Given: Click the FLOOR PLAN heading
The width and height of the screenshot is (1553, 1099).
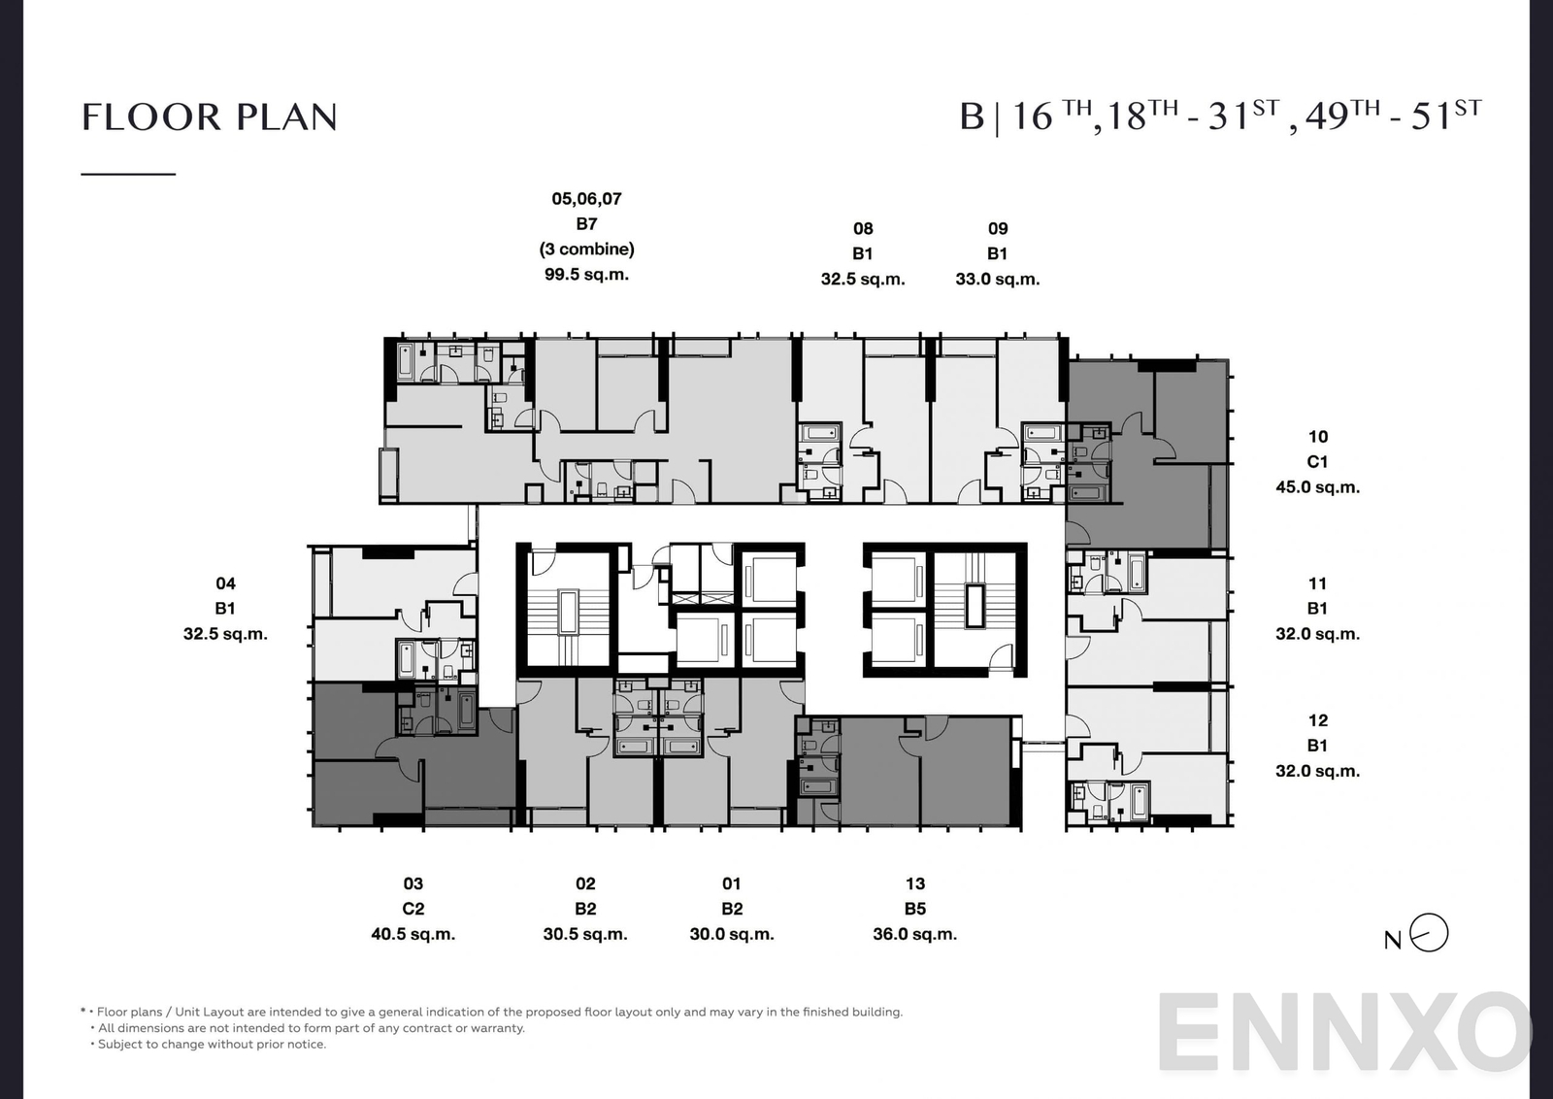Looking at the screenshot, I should (x=210, y=117).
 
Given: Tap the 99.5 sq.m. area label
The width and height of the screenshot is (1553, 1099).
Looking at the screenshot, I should (x=586, y=275).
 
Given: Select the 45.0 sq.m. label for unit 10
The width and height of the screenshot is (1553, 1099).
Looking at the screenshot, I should (x=1317, y=487).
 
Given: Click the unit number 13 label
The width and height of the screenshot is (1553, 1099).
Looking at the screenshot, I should (x=914, y=883).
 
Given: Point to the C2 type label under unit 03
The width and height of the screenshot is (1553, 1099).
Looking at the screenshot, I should (x=413, y=909).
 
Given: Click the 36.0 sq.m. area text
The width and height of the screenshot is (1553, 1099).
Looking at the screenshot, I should (x=914, y=934).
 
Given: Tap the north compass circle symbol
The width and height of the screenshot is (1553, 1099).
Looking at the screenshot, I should (x=1429, y=933).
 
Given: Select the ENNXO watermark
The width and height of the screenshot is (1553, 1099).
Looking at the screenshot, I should (x=1344, y=1033).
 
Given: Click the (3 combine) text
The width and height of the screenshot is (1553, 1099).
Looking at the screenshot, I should (x=586, y=250).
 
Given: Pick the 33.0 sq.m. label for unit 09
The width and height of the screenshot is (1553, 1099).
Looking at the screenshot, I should (x=997, y=280).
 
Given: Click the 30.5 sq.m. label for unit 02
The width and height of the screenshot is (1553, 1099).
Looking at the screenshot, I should (x=585, y=934).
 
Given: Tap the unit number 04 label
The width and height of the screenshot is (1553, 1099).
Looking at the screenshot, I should (x=225, y=583).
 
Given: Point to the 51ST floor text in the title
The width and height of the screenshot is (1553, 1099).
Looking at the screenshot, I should (x=1445, y=116).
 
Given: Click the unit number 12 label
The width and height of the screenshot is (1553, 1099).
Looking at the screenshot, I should (x=1317, y=720).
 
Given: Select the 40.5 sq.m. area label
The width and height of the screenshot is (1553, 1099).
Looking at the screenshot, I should (x=413, y=934).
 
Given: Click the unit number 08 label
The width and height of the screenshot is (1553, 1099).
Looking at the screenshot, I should (x=863, y=229).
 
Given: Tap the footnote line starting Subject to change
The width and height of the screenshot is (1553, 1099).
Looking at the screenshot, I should (x=212, y=1045).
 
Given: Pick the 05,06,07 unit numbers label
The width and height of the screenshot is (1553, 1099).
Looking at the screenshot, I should (x=586, y=199).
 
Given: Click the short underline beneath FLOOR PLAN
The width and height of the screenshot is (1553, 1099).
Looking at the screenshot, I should (x=128, y=174).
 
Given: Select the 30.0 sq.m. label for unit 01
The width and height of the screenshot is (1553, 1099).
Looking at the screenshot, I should (x=731, y=934).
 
